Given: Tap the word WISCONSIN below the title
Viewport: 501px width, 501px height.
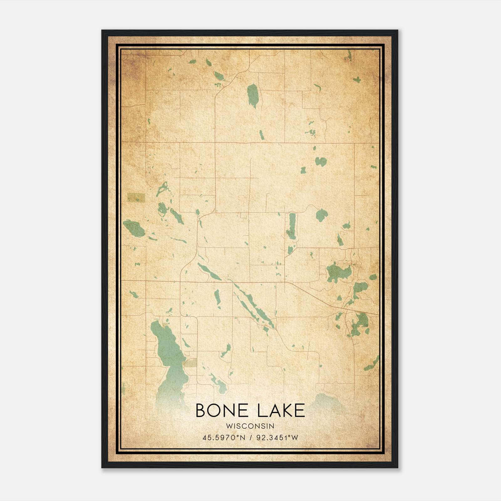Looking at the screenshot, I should (250, 426).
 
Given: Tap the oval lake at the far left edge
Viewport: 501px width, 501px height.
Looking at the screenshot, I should (134, 228).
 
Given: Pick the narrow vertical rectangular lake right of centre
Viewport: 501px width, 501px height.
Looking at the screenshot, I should (292, 226).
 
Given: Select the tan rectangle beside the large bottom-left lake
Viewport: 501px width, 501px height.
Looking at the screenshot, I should (190, 363).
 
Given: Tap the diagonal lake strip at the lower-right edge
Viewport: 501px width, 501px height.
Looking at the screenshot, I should (372, 363).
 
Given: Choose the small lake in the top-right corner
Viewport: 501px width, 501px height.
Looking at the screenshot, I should (349, 56).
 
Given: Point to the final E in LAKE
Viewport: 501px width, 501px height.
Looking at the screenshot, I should (300, 411).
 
